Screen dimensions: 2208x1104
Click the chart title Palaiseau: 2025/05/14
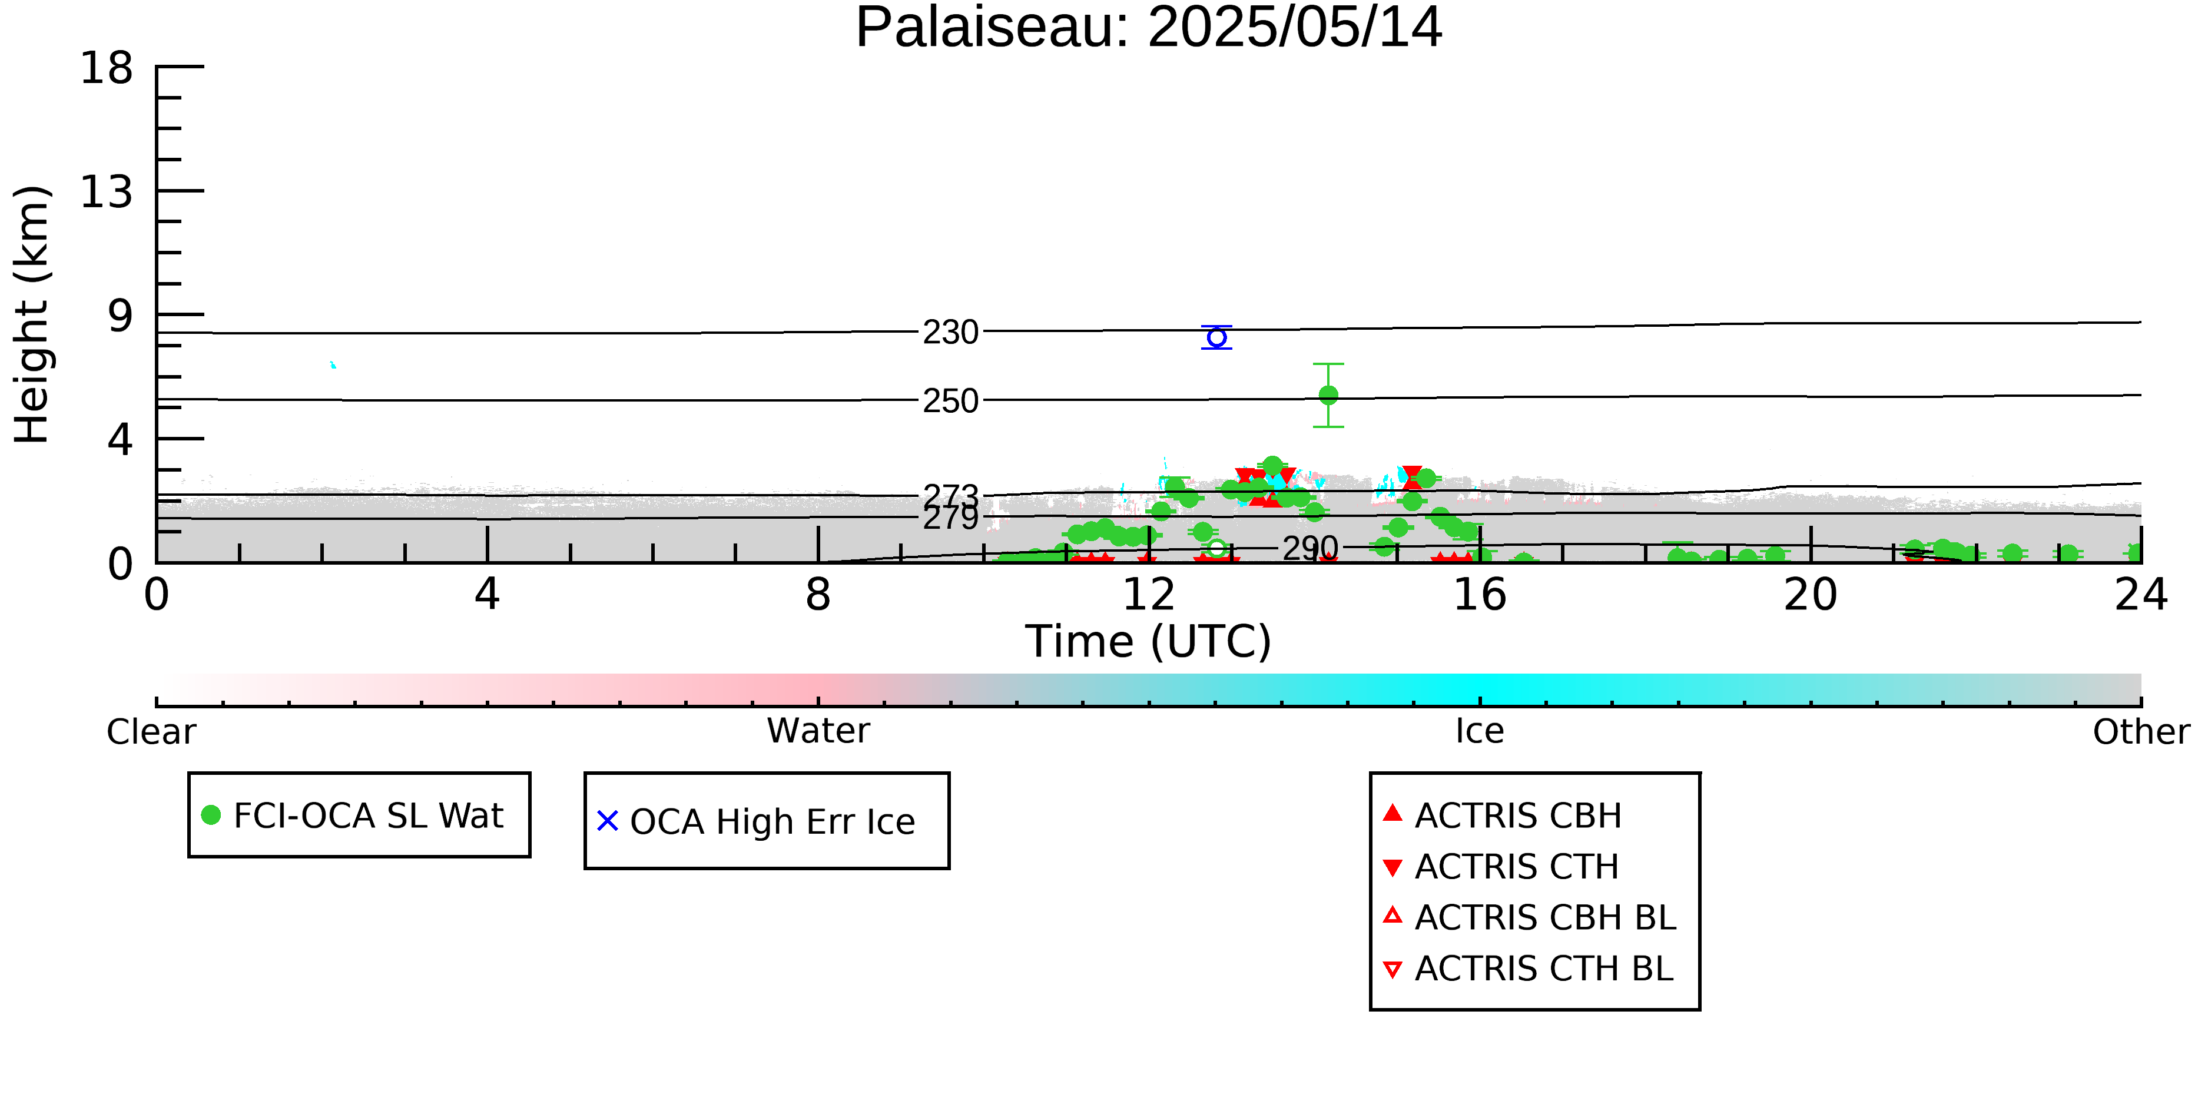1149,28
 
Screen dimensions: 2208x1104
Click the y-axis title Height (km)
32,314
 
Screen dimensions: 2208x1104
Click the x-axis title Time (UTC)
1149,641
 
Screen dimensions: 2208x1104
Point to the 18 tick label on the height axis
107,68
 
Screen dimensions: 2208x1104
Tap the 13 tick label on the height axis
107,192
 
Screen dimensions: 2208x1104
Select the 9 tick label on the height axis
121,316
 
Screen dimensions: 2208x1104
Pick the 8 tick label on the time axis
818,595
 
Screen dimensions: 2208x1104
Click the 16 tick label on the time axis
1480,595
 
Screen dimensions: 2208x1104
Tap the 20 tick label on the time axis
1811,595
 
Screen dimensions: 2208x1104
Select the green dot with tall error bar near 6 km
1328,395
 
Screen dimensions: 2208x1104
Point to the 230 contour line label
950,333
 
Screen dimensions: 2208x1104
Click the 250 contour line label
950,401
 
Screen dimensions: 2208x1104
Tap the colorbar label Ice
1480,731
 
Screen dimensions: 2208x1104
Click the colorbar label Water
818,731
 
